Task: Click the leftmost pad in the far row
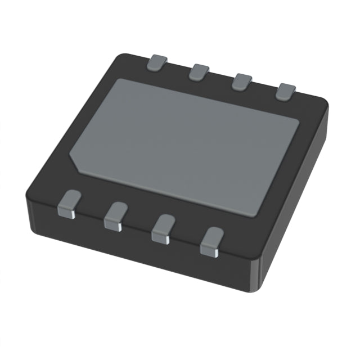[x=157, y=62]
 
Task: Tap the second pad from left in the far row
[x=199, y=71]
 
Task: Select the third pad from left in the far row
[x=243, y=80]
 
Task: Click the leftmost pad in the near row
[x=71, y=202]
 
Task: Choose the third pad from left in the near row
[x=164, y=226]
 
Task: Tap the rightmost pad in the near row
[x=212, y=240]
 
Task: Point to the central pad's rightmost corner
[x=299, y=122]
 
